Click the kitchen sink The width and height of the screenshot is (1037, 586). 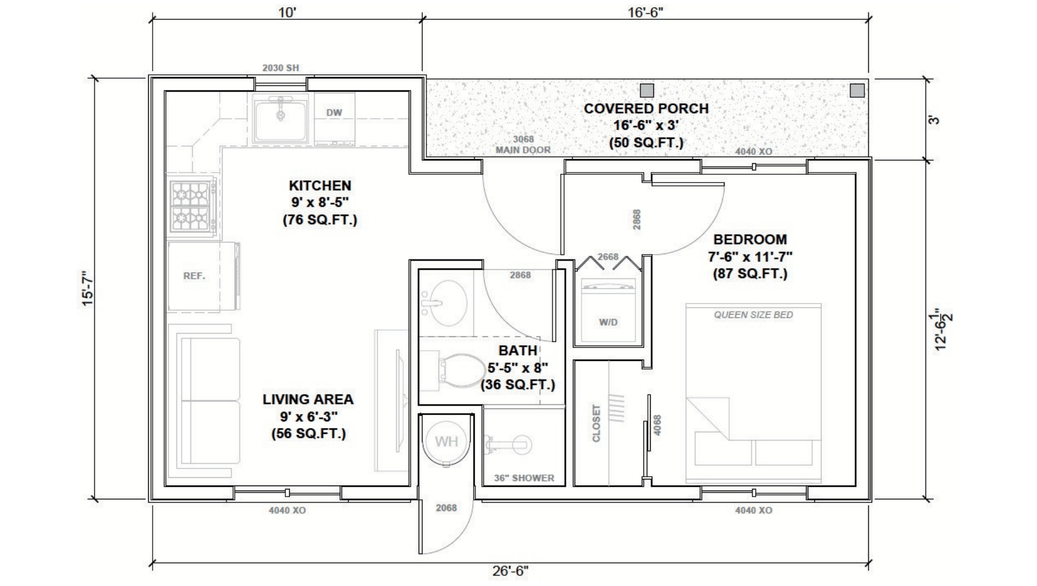(x=280, y=118)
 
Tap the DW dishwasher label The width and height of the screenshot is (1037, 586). (x=334, y=113)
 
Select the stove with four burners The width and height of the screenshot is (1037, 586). (x=192, y=206)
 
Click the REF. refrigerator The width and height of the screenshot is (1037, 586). (x=203, y=276)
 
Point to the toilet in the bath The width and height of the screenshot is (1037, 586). (x=461, y=370)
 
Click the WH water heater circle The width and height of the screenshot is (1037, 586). (x=447, y=441)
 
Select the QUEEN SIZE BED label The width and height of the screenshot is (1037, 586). (x=753, y=315)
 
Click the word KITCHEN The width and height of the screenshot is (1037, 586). (x=320, y=185)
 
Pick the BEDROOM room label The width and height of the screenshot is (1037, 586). (x=750, y=239)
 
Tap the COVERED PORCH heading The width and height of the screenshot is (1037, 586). (x=646, y=108)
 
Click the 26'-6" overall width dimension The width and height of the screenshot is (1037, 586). (x=510, y=570)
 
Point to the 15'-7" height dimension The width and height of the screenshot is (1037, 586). (x=88, y=289)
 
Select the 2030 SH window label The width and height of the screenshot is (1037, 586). (x=280, y=68)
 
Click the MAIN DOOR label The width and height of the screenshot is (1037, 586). (x=523, y=150)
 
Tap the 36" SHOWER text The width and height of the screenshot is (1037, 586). (x=524, y=478)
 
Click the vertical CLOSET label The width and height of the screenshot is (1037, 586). (x=597, y=423)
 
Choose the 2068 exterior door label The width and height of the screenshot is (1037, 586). (x=446, y=508)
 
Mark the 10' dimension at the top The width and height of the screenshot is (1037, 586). (x=287, y=12)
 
